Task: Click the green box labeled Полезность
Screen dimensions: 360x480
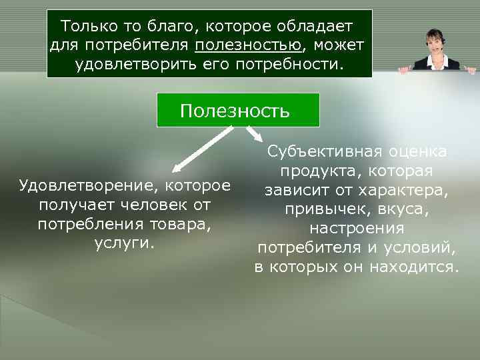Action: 237,110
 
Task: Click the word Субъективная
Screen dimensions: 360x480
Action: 315,152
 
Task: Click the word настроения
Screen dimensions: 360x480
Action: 357,229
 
